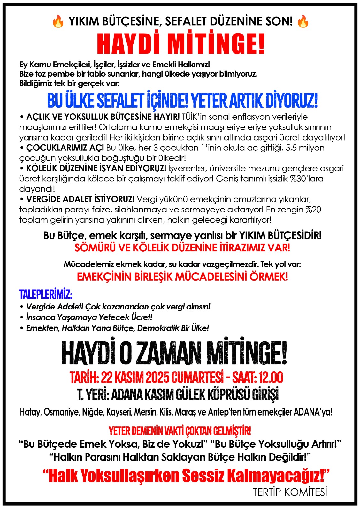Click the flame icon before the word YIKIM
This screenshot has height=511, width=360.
pos(58,22)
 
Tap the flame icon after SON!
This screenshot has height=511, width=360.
pos(303,22)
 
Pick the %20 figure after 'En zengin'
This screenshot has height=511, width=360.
pos(312,210)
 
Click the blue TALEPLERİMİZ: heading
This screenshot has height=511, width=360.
pos(46,294)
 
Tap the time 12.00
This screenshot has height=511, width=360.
pos(271,378)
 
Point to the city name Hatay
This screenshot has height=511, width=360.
pos(30,412)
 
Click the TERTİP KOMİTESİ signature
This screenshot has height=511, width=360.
pos(290,492)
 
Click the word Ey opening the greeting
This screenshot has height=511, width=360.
pos(23,65)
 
